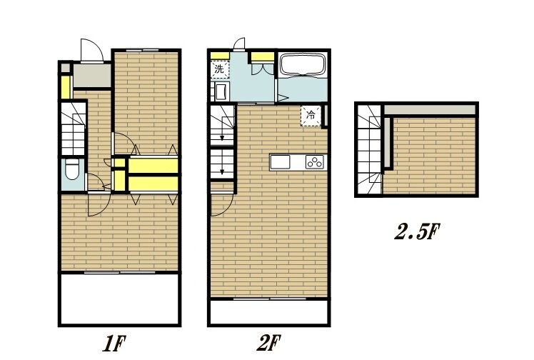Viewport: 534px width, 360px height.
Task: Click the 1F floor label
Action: pos(114,344)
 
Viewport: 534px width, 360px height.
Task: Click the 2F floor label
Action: pos(268,344)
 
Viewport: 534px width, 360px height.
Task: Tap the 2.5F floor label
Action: pos(417,232)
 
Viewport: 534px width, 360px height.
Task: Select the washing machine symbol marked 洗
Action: pos(220,69)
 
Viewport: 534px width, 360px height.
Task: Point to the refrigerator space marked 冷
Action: pos(311,116)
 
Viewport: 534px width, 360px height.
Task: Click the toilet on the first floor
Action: pos(73,169)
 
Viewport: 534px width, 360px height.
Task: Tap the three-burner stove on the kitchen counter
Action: pos(315,162)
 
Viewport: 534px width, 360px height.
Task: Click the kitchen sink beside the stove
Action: pos(280,162)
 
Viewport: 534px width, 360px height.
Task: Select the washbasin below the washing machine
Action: pos(221,91)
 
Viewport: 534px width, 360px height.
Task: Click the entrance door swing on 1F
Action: pos(91,51)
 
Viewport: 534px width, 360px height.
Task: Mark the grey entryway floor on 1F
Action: pos(92,75)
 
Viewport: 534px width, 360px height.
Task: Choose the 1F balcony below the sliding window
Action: pos(119,299)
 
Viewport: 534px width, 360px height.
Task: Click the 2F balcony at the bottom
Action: pos(269,312)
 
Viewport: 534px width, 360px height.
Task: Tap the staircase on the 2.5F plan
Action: pos(370,149)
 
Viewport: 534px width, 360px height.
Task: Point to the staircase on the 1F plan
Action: pos(74,129)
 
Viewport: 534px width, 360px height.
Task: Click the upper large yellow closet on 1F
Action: pos(153,166)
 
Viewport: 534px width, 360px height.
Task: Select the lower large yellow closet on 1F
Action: pos(153,184)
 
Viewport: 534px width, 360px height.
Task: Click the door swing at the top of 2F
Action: pos(239,44)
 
